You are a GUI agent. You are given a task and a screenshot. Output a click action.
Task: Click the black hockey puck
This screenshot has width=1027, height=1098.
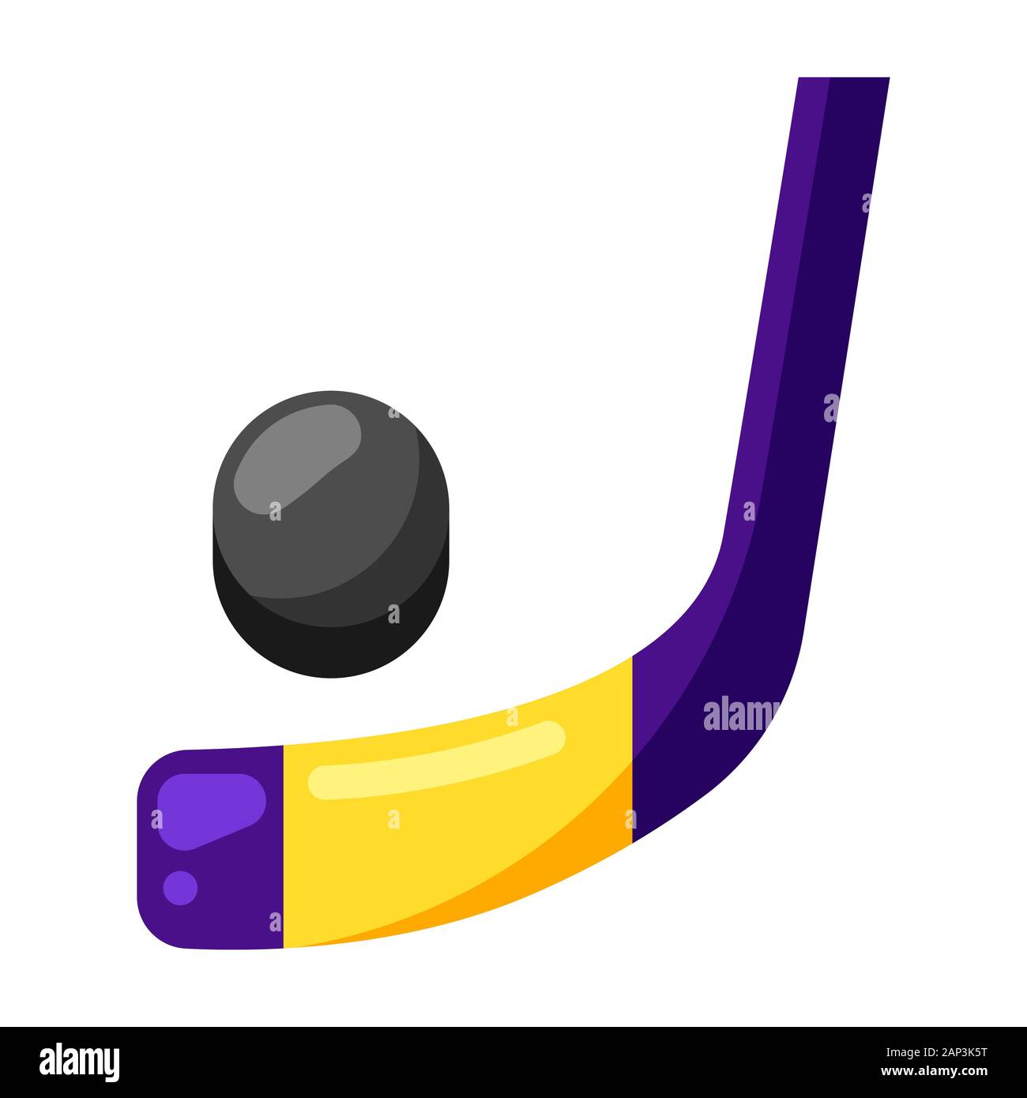[330, 533]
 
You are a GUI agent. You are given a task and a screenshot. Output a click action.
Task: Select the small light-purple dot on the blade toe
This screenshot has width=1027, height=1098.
[180, 888]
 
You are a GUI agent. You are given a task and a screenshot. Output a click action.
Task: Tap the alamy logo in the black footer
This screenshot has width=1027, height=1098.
[80, 1062]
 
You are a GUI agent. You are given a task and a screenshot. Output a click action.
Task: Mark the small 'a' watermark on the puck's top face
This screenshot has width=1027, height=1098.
[275, 511]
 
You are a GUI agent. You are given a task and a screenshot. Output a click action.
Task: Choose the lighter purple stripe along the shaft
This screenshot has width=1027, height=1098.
[778, 316]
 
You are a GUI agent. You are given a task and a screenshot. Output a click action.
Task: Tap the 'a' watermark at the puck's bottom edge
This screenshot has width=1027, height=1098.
[393, 614]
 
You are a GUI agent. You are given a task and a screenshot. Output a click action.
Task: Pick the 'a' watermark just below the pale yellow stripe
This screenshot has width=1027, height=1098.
[393, 819]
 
